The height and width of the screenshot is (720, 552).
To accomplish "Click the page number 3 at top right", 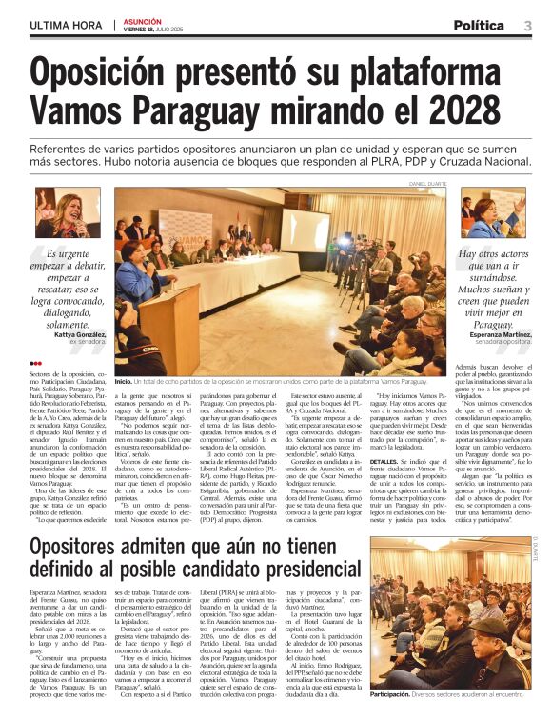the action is coord(527,26).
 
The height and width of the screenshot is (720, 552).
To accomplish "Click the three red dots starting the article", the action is coord(36,363).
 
